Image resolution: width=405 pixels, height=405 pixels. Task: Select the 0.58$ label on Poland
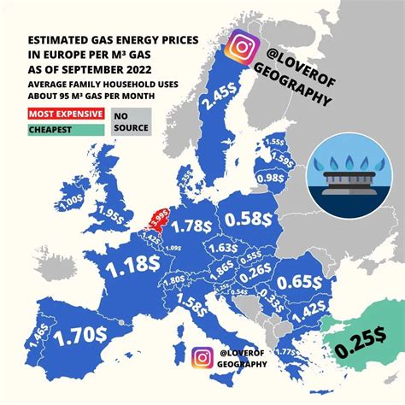click(250, 220)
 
